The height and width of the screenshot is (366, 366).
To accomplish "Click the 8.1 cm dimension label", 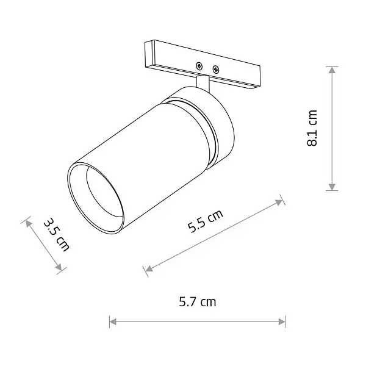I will coord(313,128).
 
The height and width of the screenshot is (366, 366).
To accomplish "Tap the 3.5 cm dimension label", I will coord(57,234).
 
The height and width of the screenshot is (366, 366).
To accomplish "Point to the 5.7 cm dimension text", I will coord(197,301).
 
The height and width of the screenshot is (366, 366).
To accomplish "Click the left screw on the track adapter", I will coord(199,65).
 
